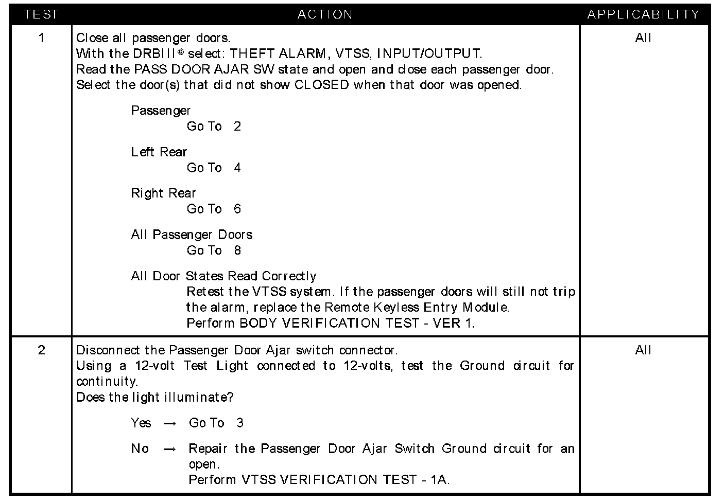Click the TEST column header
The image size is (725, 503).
coord(41,14)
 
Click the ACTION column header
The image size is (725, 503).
coord(325,14)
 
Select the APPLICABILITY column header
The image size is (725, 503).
coord(644,14)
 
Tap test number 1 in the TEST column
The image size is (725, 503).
coord(42,38)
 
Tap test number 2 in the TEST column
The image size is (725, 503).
coord(42,350)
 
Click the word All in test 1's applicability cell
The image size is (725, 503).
coord(643,38)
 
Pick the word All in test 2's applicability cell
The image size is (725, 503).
coord(643,350)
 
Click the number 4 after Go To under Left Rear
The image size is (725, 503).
coord(237,168)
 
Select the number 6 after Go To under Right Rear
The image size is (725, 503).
coord(237,209)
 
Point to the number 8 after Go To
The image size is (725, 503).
coord(237,250)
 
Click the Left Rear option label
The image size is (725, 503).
coord(159,152)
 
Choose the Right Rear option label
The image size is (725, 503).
coord(163,193)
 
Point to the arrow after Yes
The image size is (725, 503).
coord(169,423)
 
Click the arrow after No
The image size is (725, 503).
coord(169,449)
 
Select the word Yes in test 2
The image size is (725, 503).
coord(141,423)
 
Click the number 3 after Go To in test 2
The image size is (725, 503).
coord(240,423)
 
